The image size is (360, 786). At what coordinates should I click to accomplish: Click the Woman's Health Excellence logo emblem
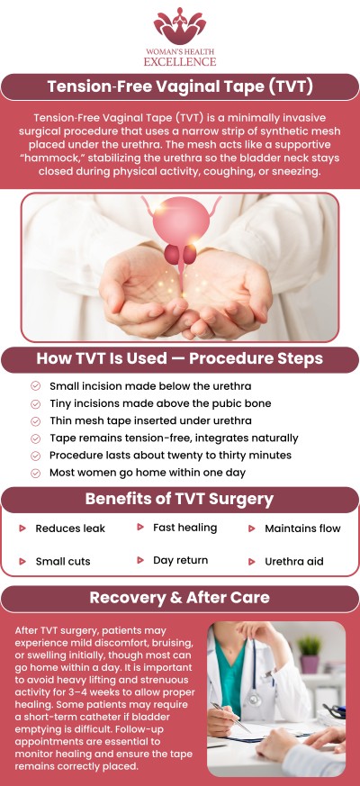[x=179, y=24]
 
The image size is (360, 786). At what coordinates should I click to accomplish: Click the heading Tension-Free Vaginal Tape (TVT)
[x=179, y=87]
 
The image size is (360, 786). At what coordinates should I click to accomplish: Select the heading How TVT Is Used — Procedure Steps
[x=179, y=358]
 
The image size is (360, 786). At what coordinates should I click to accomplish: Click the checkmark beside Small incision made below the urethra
[x=35, y=385]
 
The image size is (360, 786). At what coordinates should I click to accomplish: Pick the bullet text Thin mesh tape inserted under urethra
[x=150, y=420]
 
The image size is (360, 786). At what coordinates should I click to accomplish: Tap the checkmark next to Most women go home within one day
[x=35, y=473]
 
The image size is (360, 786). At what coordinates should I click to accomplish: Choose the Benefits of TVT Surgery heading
[x=179, y=499]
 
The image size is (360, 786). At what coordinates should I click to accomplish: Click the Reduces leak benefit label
[x=70, y=529]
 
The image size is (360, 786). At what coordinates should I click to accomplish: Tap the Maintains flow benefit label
[x=302, y=529]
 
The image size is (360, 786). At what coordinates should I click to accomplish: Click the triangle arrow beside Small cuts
[x=22, y=561]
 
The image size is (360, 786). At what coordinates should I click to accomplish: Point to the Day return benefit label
[x=181, y=560]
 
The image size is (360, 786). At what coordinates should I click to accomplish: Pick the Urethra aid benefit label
[x=293, y=561]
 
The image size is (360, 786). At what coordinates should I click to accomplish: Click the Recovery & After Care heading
[x=179, y=598]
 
